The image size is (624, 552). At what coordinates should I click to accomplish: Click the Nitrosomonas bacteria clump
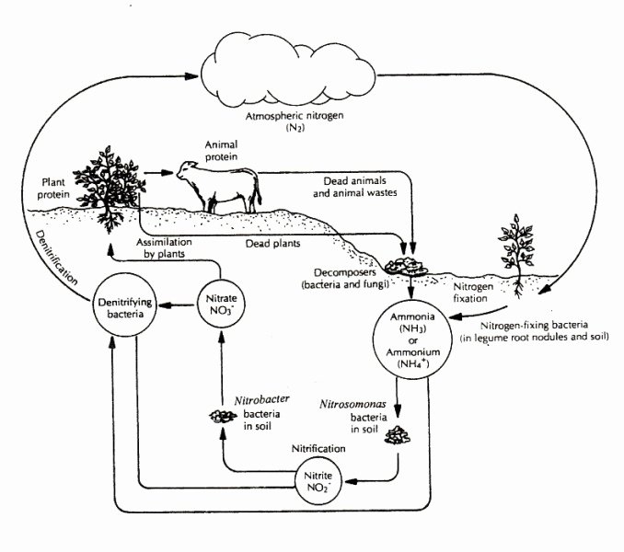(x=398, y=433)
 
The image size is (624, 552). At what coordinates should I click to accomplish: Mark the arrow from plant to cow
(x=160, y=172)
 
